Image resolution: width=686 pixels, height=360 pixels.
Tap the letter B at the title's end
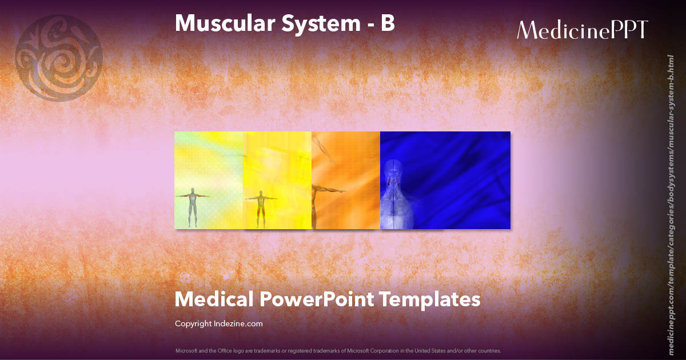pyautogui.click(x=388, y=23)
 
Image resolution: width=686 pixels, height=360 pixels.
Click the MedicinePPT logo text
pyautogui.click(x=582, y=30)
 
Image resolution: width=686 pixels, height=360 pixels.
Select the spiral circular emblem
pyautogui.click(x=59, y=58)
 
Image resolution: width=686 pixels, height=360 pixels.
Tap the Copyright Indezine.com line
pyautogui.click(x=218, y=323)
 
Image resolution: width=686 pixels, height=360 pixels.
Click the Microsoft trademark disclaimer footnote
pyautogui.click(x=338, y=350)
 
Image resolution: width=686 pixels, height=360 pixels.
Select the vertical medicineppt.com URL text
pyautogui.click(x=671, y=197)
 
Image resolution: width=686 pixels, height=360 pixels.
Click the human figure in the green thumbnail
pyautogui.click(x=193, y=206)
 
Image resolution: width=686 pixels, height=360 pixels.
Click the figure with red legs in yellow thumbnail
pyautogui.click(x=261, y=209)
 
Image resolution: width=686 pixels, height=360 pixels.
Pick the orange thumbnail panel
pyautogui.click(x=346, y=171)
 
